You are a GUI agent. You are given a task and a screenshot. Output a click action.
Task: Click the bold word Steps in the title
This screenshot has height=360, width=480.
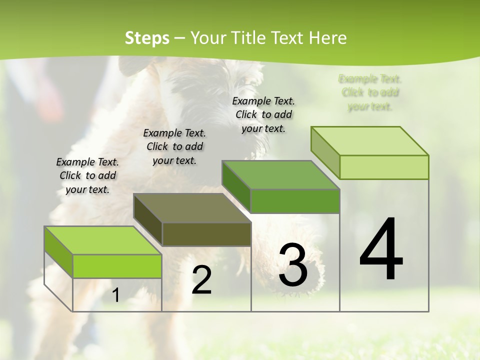pos(146,38)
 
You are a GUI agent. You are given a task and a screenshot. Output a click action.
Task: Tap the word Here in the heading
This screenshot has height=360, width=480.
pos(327,38)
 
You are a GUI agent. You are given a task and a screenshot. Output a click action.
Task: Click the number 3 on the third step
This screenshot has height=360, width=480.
pos(293,264)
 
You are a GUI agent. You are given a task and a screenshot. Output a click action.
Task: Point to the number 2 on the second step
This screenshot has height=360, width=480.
pos(201,280)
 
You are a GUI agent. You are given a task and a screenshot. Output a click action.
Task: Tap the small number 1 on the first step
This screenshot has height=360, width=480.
pos(115,295)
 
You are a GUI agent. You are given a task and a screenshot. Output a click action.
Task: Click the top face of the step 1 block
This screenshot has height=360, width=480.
pos(102,240)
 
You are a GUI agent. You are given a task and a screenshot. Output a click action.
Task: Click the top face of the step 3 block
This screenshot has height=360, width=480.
pos(280,175)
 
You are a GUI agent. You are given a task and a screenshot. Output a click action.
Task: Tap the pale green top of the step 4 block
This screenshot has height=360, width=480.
pos(370,141)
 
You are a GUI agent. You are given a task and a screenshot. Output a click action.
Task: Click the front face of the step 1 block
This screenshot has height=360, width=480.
pos(117,266)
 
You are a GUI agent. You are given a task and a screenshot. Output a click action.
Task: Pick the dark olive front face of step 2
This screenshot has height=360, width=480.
pos(206,234)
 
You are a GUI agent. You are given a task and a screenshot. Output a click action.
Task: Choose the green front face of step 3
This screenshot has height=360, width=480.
pos(295,201)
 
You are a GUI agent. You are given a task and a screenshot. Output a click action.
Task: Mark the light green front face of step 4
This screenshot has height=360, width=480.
pos(384,167)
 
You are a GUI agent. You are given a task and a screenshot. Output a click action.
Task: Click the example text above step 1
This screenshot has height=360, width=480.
pos(87,175)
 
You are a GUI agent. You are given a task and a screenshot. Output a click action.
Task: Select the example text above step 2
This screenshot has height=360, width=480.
pos(174,146)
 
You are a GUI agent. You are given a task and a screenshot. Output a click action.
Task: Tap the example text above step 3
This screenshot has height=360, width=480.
pos(263,114)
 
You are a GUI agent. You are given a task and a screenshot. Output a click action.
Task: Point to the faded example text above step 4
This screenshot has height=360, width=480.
pos(370,92)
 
